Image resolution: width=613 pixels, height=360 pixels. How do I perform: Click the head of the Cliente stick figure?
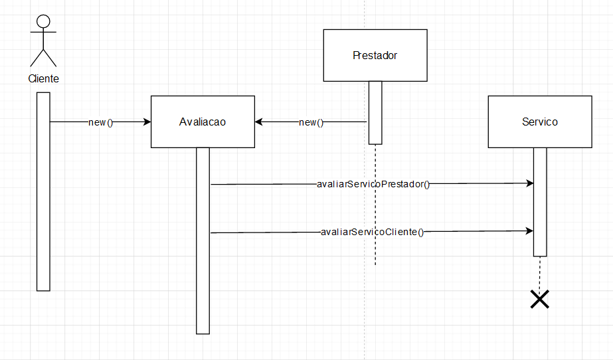click(x=43, y=20)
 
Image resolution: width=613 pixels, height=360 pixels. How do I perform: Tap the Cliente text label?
click(x=43, y=78)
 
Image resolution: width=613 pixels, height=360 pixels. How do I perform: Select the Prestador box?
click(x=375, y=55)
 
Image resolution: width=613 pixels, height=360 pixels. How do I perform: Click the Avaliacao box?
click(x=203, y=122)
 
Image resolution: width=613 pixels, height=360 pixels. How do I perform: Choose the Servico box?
click(x=539, y=122)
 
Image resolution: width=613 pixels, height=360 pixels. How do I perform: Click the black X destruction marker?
click(x=540, y=300)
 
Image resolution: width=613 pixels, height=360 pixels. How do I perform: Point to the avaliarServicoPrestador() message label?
click(x=373, y=184)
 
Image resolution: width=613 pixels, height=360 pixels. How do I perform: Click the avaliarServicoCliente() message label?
click(x=372, y=232)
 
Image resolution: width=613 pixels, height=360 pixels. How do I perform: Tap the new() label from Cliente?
click(x=101, y=122)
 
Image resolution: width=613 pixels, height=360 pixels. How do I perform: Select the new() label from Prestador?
click(x=311, y=122)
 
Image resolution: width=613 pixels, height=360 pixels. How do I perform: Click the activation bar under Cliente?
click(x=43, y=191)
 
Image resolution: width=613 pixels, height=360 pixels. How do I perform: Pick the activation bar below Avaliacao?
click(x=203, y=240)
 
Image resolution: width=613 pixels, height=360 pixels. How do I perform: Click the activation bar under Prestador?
click(x=375, y=112)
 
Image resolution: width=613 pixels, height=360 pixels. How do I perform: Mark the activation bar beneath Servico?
click(x=540, y=201)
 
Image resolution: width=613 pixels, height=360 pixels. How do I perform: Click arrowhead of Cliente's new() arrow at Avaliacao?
click(x=147, y=122)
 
